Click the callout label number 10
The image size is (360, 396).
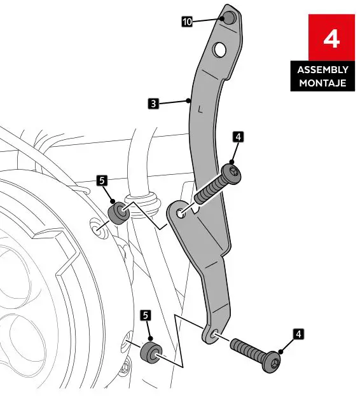point(187,21)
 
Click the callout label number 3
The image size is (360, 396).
point(153,102)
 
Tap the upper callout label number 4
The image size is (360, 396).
point(238,137)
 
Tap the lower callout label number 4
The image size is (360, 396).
point(299,332)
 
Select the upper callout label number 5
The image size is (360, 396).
point(102,181)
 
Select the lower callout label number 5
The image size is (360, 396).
point(146,315)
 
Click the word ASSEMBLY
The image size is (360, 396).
point(322,70)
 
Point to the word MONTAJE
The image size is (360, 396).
point(322,83)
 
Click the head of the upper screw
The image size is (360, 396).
point(233,172)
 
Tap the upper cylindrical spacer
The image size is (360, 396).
point(120,212)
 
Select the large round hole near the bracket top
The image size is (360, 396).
point(219,48)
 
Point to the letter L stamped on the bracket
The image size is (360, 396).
point(200,109)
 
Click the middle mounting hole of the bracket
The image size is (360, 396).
point(181,214)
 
